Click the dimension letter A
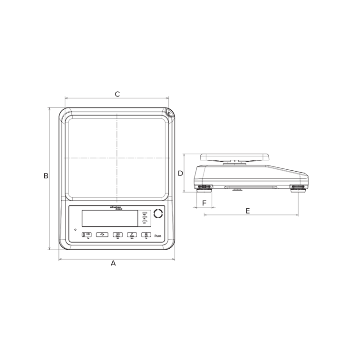pyautogui.click(x=113, y=263)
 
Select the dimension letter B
pyautogui.click(x=46, y=176)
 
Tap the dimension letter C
pyautogui.click(x=117, y=94)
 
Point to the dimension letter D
pyautogui.click(x=180, y=173)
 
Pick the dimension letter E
pyautogui.click(x=248, y=211)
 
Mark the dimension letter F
pyautogui.click(x=204, y=203)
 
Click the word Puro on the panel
pyautogui.click(x=158, y=235)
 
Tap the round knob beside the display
pyautogui.click(x=158, y=214)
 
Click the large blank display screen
pyautogui.click(x=109, y=218)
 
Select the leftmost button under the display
pyautogui.click(x=87, y=234)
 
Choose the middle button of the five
pyautogui.click(x=117, y=234)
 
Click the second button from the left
pyautogui.click(x=102, y=234)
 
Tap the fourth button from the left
pyautogui.click(x=132, y=234)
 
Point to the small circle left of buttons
pyautogui.click(x=75, y=230)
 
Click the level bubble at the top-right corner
pyautogui.click(x=168, y=113)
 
